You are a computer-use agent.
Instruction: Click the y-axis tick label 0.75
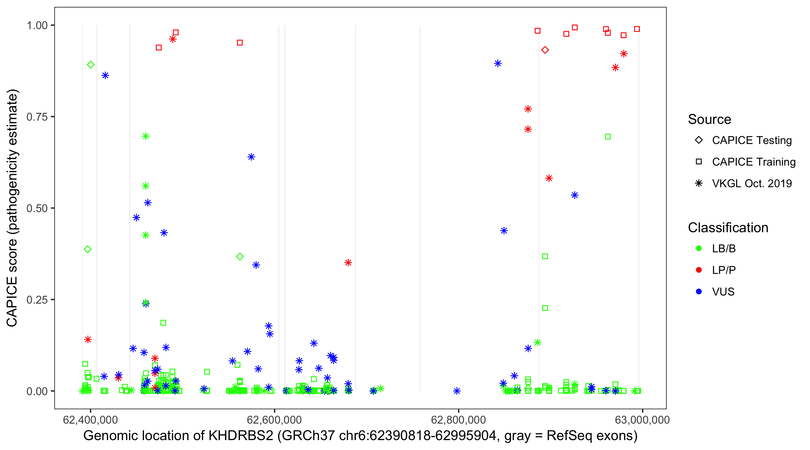pos(37,117)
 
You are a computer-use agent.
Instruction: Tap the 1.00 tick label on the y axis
pos(37,25)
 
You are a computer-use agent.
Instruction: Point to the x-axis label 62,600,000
pos(274,420)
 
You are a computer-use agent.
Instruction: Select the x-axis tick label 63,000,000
pos(642,420)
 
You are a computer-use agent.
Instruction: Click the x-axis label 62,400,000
pos(90,420)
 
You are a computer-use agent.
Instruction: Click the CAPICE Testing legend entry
pos(751,140)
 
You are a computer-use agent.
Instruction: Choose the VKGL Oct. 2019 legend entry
pos(751,183)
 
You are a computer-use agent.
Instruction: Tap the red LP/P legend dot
pos(699,270)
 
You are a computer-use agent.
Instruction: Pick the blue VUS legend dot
pos(699,292)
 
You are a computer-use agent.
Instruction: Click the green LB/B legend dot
pos(699,248)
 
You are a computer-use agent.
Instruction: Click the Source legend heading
pos(709,119)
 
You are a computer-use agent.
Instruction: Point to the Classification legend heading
pos(728,228)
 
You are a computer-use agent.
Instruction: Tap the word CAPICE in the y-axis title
pos(12,301)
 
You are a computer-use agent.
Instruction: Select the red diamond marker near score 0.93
pos(545,50)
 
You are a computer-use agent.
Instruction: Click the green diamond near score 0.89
pos(91,65)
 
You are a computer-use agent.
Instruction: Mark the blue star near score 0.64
pos(251,157)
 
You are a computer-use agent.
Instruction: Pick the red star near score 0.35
pos(348,262)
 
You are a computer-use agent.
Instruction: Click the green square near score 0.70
pos(607,136)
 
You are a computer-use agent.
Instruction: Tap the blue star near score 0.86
pos(105,76)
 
